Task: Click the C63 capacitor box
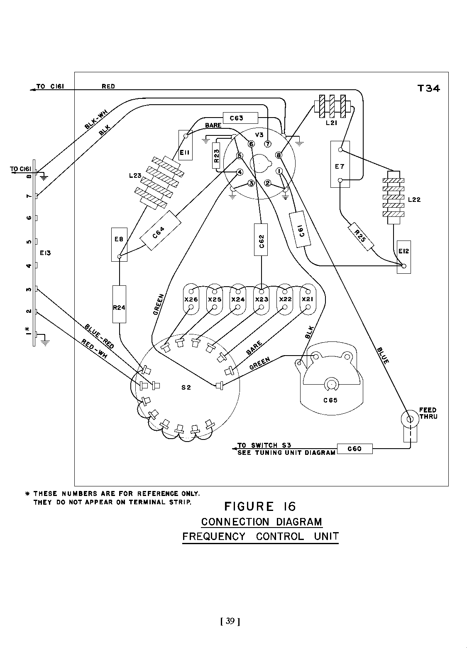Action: tap(240, 118)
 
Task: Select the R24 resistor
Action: tap(119, 304)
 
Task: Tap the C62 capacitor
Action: tap(261, 240)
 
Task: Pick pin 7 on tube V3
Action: tap(268, 144)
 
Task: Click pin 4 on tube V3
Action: tap(240, 172)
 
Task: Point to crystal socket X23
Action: tap(261, 299)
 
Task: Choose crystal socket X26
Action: tap(191, 299)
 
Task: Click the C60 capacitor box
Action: tap(354, 449)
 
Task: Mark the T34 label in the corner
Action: tap(428, 88)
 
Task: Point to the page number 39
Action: tap(230, 621)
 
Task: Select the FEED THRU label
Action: tap(428, 413)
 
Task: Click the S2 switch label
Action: tap(186, 388)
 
